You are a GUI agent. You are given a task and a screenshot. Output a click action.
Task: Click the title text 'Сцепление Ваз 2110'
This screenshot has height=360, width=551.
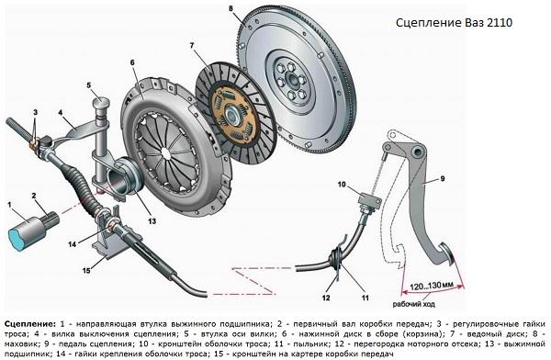coord(456,24)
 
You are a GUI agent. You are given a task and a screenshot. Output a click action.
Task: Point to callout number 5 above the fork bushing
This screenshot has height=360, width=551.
coord(90,85)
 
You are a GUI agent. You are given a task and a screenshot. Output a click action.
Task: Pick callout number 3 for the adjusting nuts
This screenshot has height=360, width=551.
coord(33,111)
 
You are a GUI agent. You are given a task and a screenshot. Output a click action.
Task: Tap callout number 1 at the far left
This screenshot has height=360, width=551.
coord(10,203)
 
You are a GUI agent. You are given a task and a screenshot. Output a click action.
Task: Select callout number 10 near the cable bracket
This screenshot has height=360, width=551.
coord(342,185)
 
